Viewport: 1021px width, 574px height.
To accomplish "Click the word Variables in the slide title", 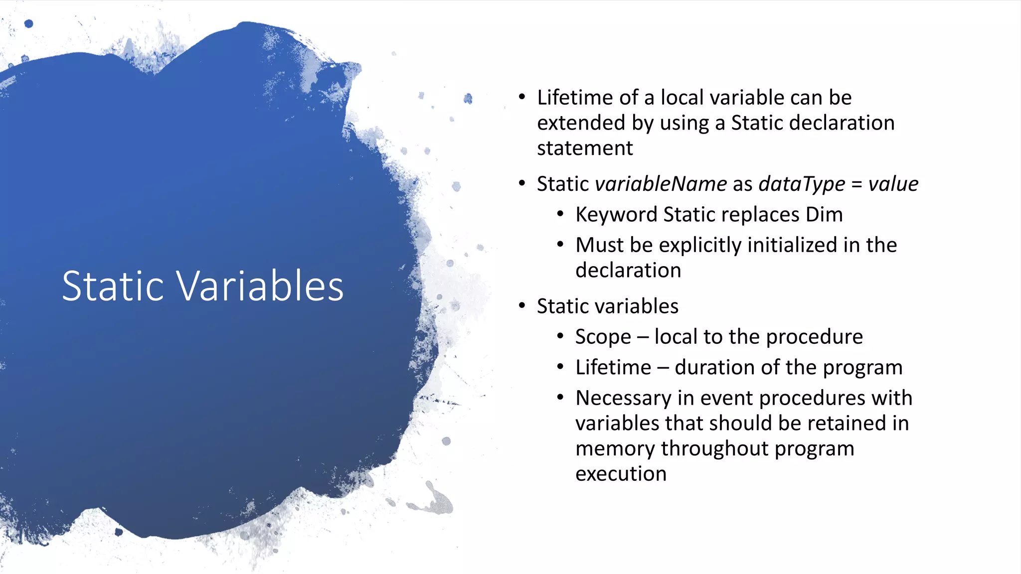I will tap(260, 286).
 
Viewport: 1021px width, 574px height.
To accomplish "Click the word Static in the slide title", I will tap(113, 286).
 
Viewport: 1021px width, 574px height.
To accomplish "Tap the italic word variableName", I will tap(661, 184).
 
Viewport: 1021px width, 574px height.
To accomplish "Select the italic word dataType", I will tap(802, 184).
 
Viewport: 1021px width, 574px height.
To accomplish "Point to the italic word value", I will tap(893, 184).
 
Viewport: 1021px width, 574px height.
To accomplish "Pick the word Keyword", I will tap(616, 215).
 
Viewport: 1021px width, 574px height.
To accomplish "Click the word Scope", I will tap(603, 337).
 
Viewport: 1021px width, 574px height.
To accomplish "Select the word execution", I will tap(621, 474).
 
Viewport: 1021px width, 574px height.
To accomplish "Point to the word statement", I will tap(585, 148).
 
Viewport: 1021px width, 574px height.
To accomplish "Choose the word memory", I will tap(615, 448).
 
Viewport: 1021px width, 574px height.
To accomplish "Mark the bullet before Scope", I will tap(560, 337).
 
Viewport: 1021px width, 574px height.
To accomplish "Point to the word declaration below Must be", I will tap(628, 271).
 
